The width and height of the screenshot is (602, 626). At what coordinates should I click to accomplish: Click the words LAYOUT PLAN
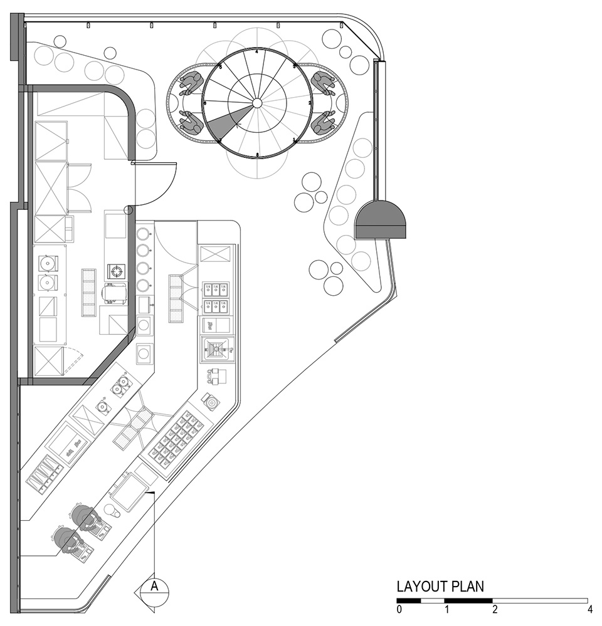coord(440,587)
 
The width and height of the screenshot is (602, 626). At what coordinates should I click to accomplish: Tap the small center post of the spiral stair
coord(257,102)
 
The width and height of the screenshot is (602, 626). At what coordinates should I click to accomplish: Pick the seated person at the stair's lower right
coord(322,123)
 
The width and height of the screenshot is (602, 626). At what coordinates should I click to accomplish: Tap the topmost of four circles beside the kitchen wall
coord(144,233)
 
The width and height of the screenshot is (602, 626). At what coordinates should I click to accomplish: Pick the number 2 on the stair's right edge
coord(310,102)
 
